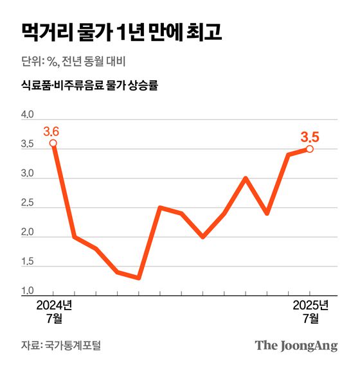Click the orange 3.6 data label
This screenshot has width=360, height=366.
(x=52, y=131)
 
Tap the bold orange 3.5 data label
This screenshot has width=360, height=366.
(x=310, y=136)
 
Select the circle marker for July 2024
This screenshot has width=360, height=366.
(x=53, y=143)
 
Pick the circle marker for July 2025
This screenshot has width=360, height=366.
(x=310, y=149)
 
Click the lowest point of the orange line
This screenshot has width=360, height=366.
(x=139, y=278)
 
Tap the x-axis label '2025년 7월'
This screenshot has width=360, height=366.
(x=310, y=311)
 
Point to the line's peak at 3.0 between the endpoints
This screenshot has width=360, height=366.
(x=246, y=178)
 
